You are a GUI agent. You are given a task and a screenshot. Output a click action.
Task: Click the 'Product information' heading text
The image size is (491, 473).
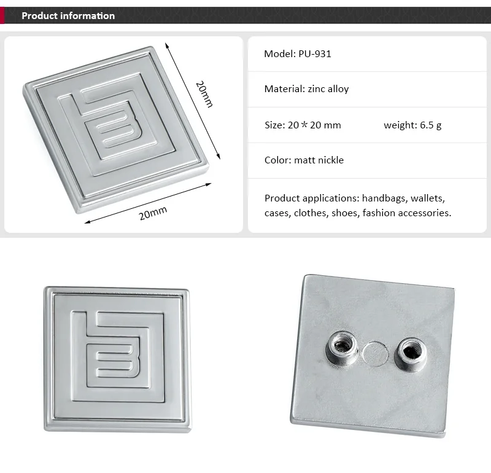coord(68,16)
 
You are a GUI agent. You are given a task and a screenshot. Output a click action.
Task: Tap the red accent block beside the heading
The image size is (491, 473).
coord(2,15)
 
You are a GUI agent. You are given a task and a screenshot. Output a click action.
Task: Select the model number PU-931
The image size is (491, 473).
coord(315,54)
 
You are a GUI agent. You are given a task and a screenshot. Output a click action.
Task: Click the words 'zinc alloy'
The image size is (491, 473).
coord(328,89)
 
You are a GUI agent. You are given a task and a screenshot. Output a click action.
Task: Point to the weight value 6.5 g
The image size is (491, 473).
coord(431,125)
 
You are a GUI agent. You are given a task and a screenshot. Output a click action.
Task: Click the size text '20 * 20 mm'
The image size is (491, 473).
coord(314,125)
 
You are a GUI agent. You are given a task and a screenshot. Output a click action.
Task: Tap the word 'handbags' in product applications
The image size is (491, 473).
coord(385,198)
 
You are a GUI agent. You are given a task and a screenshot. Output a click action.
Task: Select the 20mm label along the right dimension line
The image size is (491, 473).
coord(204,94)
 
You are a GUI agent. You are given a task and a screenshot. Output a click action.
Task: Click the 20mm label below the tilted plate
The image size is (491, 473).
coord(153,213)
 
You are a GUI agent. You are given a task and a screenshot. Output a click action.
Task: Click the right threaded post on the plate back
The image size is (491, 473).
coord(410,354)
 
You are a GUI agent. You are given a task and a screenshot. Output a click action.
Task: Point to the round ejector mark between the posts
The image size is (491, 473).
coord(376,354)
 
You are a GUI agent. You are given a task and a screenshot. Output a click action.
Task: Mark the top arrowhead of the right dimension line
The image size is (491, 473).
coord(167,45)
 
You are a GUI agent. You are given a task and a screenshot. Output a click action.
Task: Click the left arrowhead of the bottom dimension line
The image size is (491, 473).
coord(88,222)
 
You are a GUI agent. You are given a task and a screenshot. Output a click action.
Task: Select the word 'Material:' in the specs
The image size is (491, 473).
coord(285,89)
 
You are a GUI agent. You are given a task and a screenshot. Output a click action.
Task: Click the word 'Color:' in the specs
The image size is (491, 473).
coord(278,160)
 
